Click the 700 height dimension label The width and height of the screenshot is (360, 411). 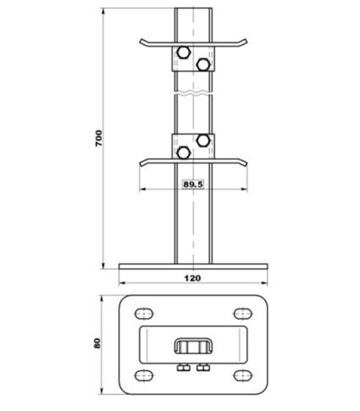[x=99, y=138]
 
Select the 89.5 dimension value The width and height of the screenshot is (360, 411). [x=193, y=184]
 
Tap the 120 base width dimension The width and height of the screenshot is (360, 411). [x=193, y=278]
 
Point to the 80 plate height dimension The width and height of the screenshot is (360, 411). [x=97, y=343]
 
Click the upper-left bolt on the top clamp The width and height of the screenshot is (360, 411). [x=183, y=52]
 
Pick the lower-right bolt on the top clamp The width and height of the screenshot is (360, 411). [x=203, y=64]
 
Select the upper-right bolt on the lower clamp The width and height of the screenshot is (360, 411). [x=203, y=140]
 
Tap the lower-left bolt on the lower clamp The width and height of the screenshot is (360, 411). [x=183, y=153]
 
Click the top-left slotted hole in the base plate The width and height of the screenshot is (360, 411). [x=144, y=314]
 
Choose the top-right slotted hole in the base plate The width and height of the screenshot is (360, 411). [x=243, y=314]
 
